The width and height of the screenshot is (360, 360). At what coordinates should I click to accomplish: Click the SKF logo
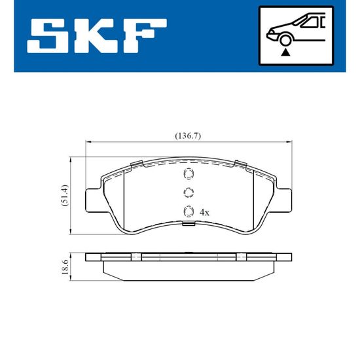(x=97, y=36)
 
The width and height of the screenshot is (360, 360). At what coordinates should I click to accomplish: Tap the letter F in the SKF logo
(x=145, y=36)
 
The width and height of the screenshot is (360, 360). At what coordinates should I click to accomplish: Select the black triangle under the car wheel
(x=285, y=52)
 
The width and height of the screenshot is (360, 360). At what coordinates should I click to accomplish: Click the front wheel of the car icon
(x=285, y=40)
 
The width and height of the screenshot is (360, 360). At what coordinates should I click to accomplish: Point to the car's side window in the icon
(x=311, y=22)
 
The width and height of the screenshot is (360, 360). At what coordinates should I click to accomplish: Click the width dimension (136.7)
(x=188, y=136)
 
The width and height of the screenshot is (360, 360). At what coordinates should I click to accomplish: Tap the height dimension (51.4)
(x=65, y=196)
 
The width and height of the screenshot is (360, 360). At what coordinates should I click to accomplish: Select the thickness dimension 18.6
(x=65, y=267)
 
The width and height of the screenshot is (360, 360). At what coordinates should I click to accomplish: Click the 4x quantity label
(x=204, y=213)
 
